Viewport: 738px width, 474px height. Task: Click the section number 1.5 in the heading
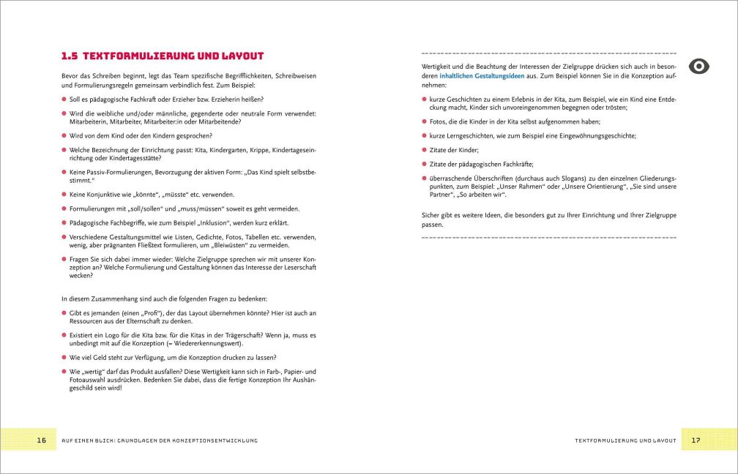(70, 56)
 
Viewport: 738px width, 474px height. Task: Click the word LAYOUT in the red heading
(239, 56)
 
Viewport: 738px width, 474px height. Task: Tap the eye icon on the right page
(701, 67)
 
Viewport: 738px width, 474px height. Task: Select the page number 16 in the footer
(41, 440)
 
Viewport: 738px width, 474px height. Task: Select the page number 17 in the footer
(696, 440)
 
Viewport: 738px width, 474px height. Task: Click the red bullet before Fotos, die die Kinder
(425, 121)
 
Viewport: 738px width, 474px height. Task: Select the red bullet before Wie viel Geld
(64, 358)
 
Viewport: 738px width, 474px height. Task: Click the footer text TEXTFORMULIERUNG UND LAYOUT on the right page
(627, 440)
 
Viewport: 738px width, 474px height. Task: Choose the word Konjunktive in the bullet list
(100, 194)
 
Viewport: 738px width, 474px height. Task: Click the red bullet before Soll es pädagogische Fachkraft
(64, 99)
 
